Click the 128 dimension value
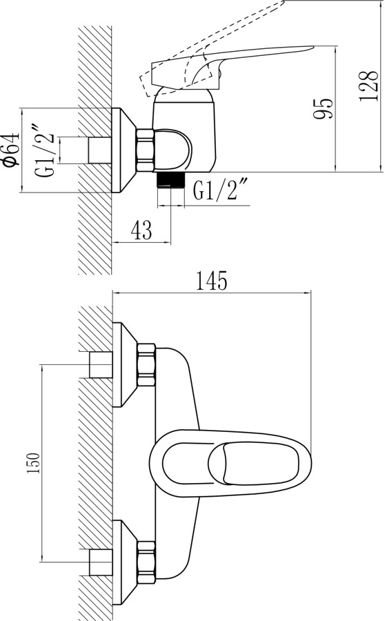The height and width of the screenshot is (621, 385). pyautogui.click(x=368, y=86)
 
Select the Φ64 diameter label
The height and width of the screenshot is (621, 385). pyautogui.click(x=11, y=148)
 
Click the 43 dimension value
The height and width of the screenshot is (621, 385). pyautogui.click(x=141, y=230)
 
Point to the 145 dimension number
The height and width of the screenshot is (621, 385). pyautogui.click(x=212, y=281)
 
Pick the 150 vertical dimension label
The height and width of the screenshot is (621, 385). pyautogui.click(x=33, y=462)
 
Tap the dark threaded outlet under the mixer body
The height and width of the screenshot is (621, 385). pyautogui.click(x=171, y=179)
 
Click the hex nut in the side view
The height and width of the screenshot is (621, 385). pyautogui.click(x=145, y=150)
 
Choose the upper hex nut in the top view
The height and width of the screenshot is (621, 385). pyautogui.click(x=146, y=365)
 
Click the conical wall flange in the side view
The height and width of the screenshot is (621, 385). pyautogui.click(x=124, y=150)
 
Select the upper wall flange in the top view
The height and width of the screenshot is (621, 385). pyautogui.click(x=125, y=365)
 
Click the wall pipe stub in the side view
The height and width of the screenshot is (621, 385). pyautogui.click(x=100, y=150)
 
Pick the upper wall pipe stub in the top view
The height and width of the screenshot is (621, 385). pyautogui.click(x=101, y=365)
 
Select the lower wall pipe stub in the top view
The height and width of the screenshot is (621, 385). pyautogui.click(x=101, y=563)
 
